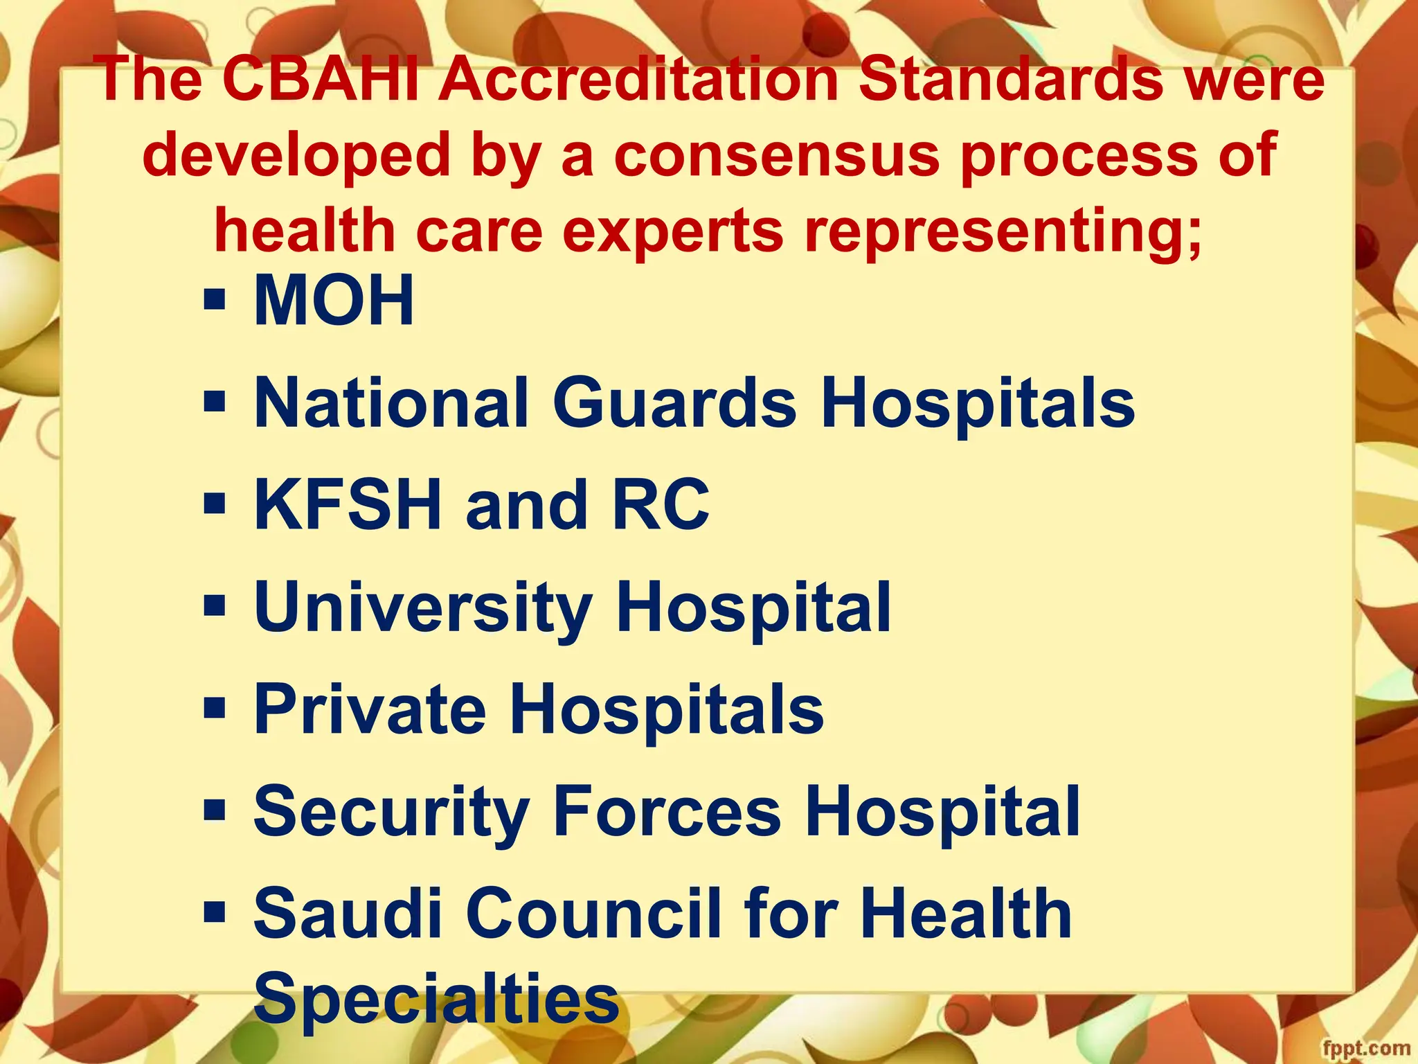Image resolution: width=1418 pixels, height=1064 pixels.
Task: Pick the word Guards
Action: tap(674, 403)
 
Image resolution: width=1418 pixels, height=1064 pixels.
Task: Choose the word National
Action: tap(392, 403)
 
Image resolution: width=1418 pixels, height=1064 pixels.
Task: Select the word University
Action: tap(423, 608)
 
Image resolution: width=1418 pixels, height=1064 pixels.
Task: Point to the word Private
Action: tap(370, 709)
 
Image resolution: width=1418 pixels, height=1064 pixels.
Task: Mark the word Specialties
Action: tap(436, 998)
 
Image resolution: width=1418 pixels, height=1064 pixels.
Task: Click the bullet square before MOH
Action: tap(215, 301)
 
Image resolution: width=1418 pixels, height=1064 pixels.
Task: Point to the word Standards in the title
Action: tap(1011, 80)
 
